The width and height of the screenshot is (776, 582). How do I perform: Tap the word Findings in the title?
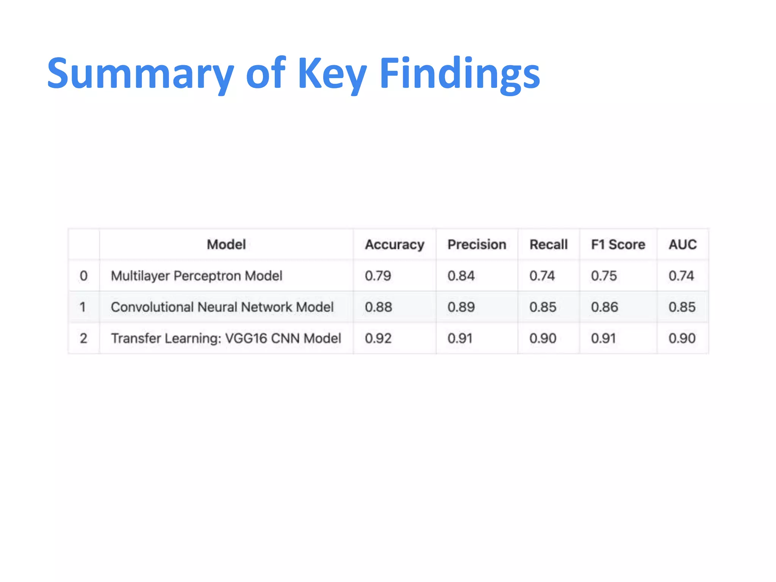(x=460, y=74)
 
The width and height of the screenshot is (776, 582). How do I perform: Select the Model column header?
(x=226, y=244)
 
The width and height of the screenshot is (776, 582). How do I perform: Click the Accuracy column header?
(x=394, y=245)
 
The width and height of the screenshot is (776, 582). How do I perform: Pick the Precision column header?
(x=477, y=244)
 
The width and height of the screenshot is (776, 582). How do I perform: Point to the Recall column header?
(x=548, y=244)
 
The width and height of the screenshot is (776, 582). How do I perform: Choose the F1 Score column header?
(x=618, y=244)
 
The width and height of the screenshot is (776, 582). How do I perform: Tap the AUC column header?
(x=682, y=244)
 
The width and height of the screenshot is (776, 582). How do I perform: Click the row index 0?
(x=84, y=276)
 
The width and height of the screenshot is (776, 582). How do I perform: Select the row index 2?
(x=84, y=338)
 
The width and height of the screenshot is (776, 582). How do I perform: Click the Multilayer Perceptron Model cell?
(x=196, y=276)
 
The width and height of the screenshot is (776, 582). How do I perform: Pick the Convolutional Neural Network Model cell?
(x=222, y=307)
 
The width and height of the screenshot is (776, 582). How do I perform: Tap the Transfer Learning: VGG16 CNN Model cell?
(x=226, y=338)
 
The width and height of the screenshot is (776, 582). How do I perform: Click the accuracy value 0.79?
(x=378, y=276)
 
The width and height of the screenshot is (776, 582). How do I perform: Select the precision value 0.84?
(x=461, y=276)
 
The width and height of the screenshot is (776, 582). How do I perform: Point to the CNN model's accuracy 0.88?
(x=378, y=307)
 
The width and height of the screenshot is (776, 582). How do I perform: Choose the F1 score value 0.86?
(x=604, y=307)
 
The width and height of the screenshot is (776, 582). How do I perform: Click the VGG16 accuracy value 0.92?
(x=378, y=338)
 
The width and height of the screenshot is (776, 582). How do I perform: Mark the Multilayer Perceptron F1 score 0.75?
(x=604, y=276)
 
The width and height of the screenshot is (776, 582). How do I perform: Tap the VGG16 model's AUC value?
(x=682, y=338)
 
